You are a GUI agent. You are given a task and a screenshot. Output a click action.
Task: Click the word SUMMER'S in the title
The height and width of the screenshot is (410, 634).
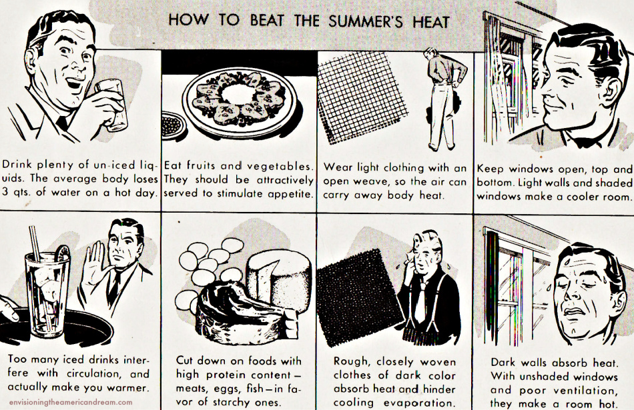coord(366,21)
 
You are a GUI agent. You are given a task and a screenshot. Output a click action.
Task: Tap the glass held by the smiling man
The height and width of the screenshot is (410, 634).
coord(111,104)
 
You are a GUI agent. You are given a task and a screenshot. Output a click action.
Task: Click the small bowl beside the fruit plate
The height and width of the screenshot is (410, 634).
coord(174,125)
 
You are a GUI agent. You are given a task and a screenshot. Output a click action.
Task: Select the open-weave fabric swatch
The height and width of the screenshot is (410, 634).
coord(362,96)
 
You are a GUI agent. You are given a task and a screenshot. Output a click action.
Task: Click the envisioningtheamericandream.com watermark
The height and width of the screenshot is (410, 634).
coord(71,402)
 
